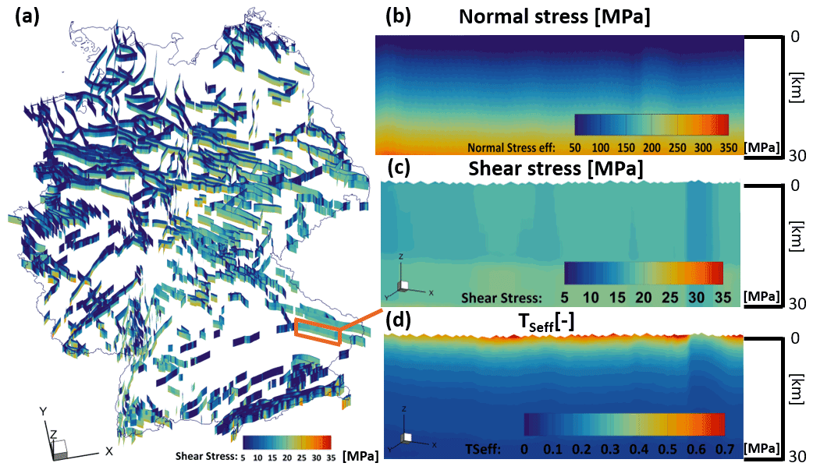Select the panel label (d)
(x=398, y=320)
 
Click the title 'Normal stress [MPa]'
(x=554, y=17)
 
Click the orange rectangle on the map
(x=318, y=331)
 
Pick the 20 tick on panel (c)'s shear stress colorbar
(x=643, y=297)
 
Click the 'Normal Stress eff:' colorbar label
(x=511, y=147)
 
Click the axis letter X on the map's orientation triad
(x=109, y=451)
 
